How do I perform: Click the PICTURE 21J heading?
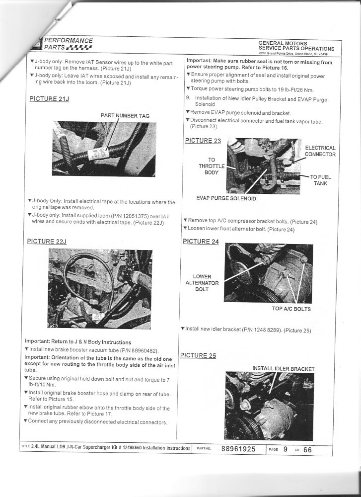[x=50, y=98]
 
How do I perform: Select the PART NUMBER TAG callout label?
[x=125, y=115]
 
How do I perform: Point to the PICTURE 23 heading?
[x=203, y=140]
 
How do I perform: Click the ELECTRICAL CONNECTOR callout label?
[x=320, y=151]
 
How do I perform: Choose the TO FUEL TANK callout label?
[x=320, y=180]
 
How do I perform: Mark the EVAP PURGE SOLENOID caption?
[x=226, y=198]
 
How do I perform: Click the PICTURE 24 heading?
[x=201, y=242]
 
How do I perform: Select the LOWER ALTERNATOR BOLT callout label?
[x=202, y=283]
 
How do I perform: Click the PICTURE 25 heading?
[x=198, y=355]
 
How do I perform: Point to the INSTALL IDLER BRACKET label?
[x=283, y=368]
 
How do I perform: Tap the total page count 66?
[x=307, y=450]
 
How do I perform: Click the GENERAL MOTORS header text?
[x=283, y=43]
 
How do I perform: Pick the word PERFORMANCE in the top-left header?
[x=69, y=40]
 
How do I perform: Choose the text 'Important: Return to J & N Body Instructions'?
[x=78, y=342]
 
